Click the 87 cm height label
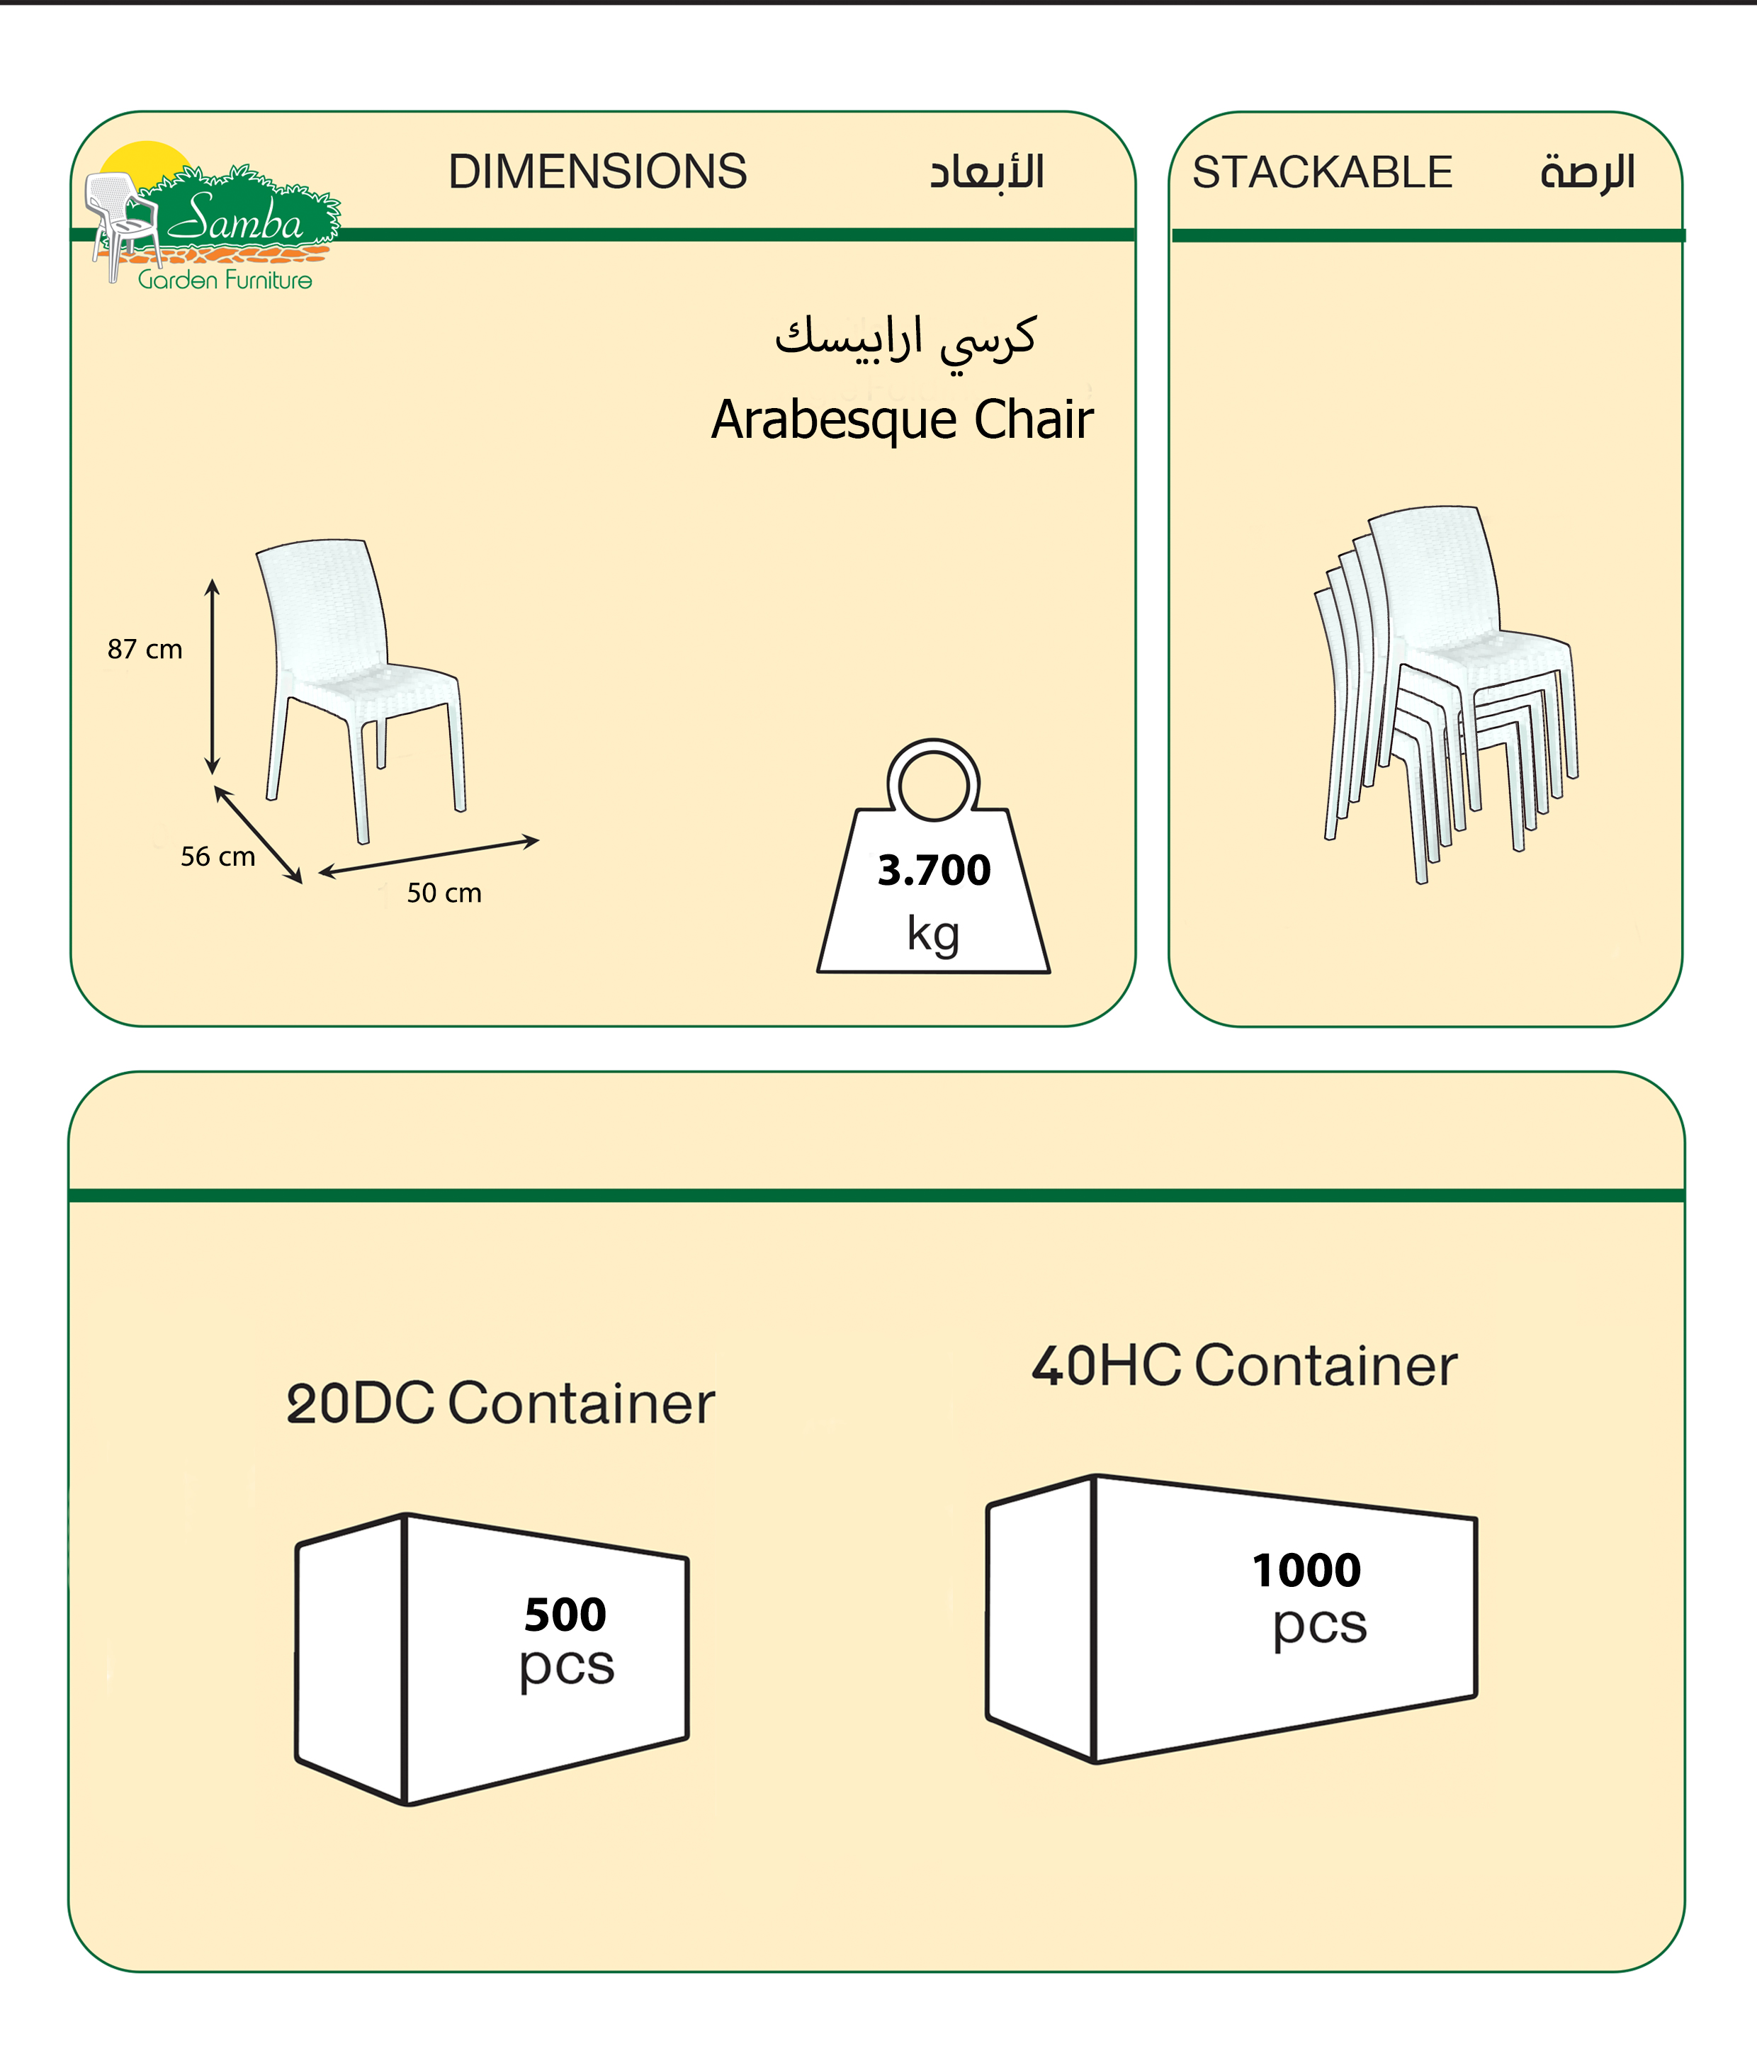click(x=145, y=649)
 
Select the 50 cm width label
click(x=444, y=893)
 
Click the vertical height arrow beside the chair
click(x=211, y=677)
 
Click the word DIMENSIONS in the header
click(x=597, y=172)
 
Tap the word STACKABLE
click(x=1321, y=173)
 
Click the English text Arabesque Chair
click(x=902, y=419)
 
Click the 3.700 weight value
click(x=933, y=870)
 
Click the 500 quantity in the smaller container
click(x=565, y=1615)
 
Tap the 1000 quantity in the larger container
click(x=1306, y=1570)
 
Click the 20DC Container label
click(x=499, y=1403)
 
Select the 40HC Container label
click(x=1243, y=1366)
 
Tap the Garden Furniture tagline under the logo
click(x=225, y=281)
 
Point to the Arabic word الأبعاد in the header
click(x=987, y=173)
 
